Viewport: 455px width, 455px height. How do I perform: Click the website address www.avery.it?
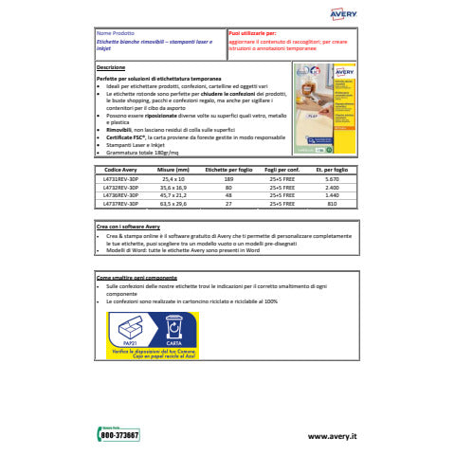[x=333, y=435]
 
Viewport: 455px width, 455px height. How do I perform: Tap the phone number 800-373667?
[x=119, y=435]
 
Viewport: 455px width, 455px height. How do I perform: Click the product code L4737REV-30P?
[x=119, y=202]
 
